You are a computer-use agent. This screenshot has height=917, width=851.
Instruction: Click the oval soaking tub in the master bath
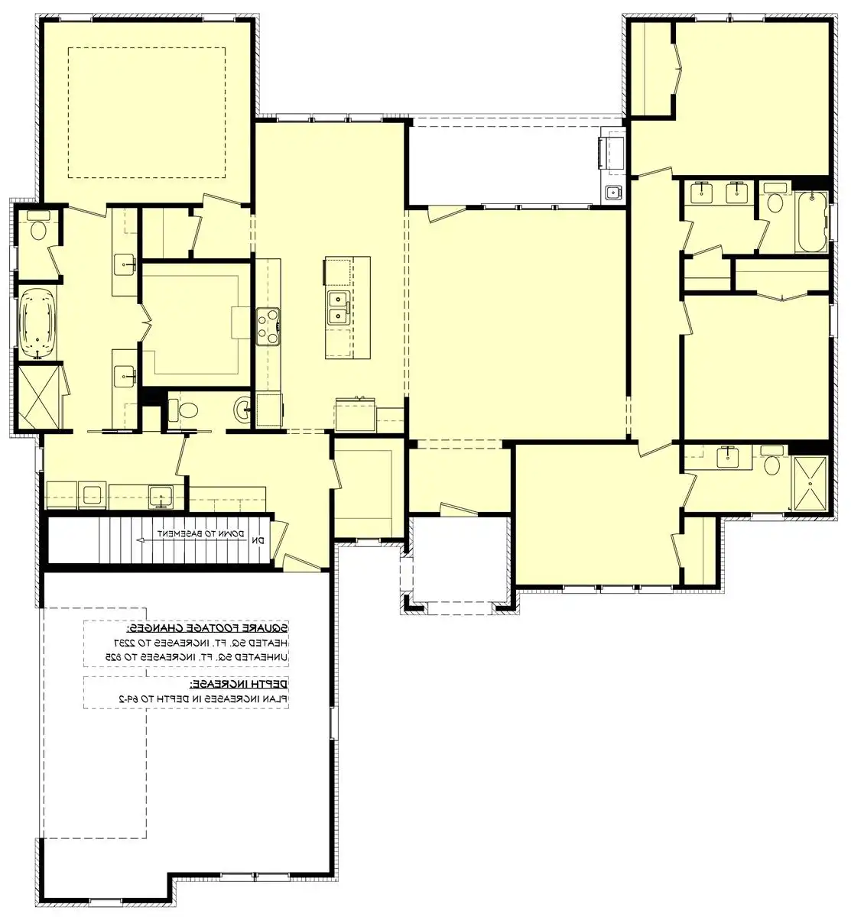tap(38, 323)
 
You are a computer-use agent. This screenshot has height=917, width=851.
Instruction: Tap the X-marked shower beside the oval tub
tap(39, 397)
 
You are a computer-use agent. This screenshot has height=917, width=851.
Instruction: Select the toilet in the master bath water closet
tap(38, 227)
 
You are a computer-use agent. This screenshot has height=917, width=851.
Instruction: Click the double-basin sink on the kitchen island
tap(338, 307)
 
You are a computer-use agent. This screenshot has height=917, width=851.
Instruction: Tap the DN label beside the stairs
tap(258, 540)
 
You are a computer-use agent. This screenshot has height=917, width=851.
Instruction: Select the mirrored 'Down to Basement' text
tap(201, 533)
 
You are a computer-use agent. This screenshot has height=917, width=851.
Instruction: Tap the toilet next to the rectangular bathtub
tap(775, 202)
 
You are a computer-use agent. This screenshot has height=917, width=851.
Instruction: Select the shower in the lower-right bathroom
tap(809, 483)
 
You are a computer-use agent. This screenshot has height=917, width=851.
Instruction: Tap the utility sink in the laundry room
tap(161, 495)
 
